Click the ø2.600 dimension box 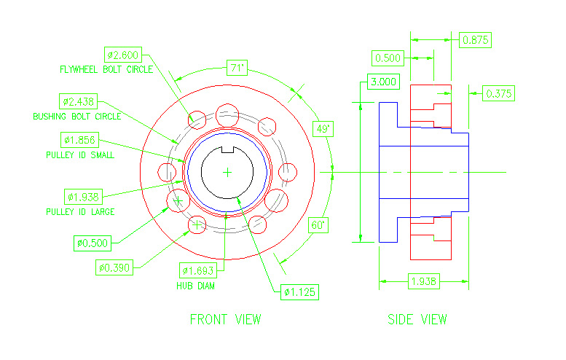tap(125, 55)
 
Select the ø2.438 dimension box tap(79, 101)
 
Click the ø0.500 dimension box tap(93, 242)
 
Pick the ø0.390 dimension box tap(115, 267)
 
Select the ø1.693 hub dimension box tap(199, 271)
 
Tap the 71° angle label tap(237, 68)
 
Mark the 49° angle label tap(323, 129)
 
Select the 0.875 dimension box tap(476, 39)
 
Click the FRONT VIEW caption tap(225, 319)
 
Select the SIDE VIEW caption tap(417, 319)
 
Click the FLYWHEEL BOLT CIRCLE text tap(106, 70)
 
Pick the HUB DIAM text tap(195, 286)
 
